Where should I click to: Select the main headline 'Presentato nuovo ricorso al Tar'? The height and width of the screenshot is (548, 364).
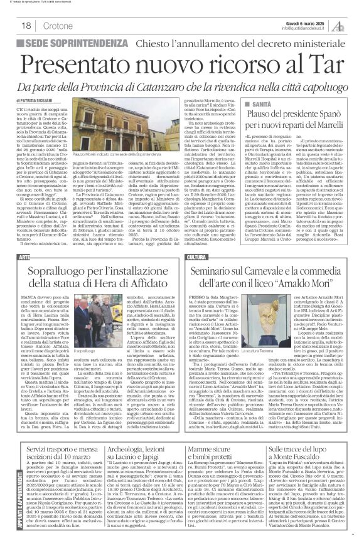pyautogui.click(x=182, y=63)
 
